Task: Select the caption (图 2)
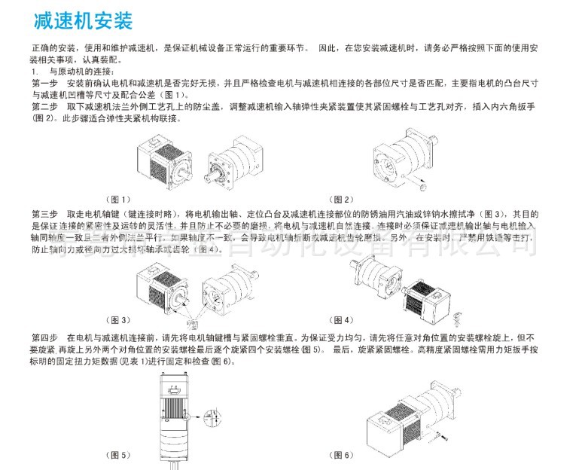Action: tap(343, 200)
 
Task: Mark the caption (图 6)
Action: tap(343, 455)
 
